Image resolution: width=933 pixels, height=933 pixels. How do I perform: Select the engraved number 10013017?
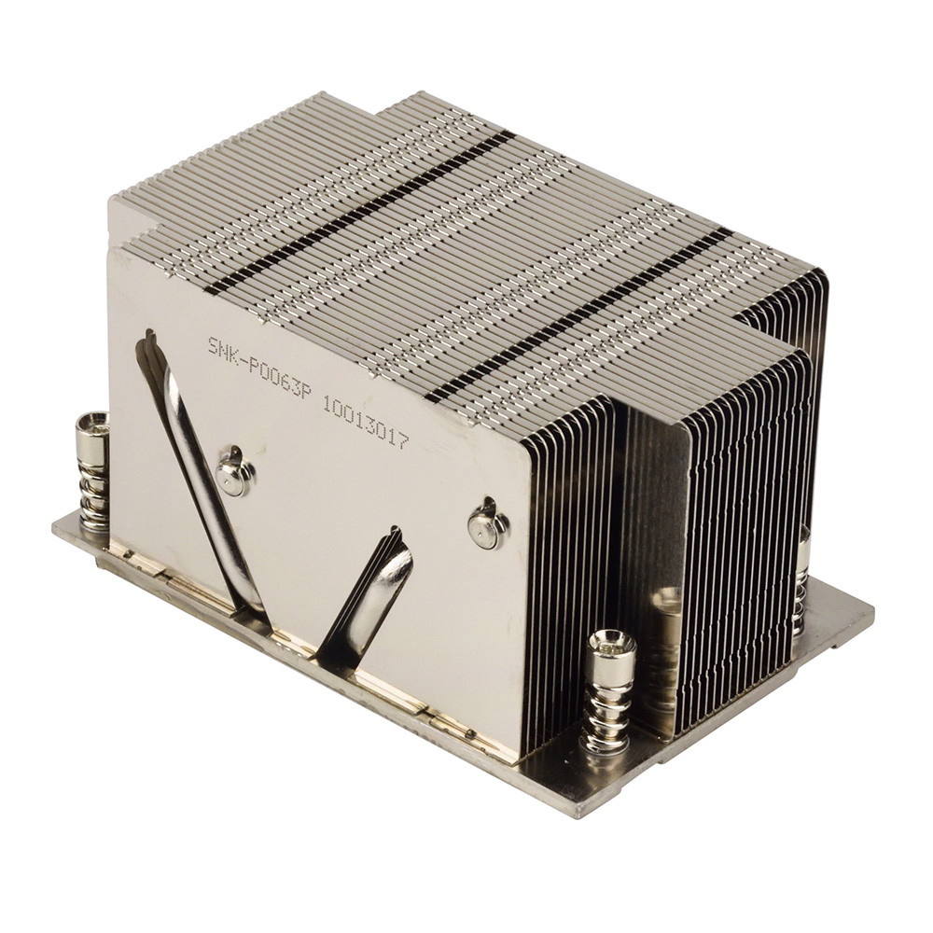(365, 421)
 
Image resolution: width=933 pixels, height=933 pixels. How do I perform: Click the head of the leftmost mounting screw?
(92, 425)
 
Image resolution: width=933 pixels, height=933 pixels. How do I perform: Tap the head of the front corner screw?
(611, 643)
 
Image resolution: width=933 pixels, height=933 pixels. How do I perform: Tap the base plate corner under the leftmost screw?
(56, 532)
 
